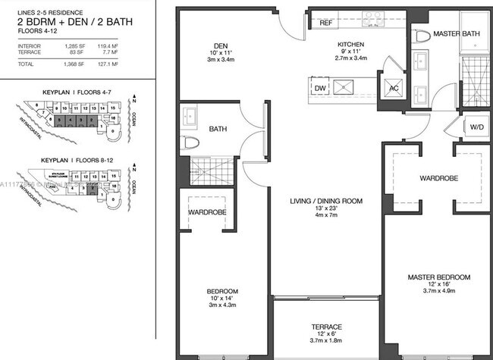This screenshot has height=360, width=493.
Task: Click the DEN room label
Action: click(223, 45)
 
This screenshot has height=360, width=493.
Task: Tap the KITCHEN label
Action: click(350, 45)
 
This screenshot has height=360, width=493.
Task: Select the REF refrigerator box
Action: click(326, 23)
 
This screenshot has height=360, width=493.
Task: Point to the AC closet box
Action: click(393, 88)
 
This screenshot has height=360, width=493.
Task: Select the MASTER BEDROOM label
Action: click(438, 277)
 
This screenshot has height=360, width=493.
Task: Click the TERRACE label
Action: click(327, 327)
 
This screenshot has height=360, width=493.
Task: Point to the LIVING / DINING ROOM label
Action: click(325, 201)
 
